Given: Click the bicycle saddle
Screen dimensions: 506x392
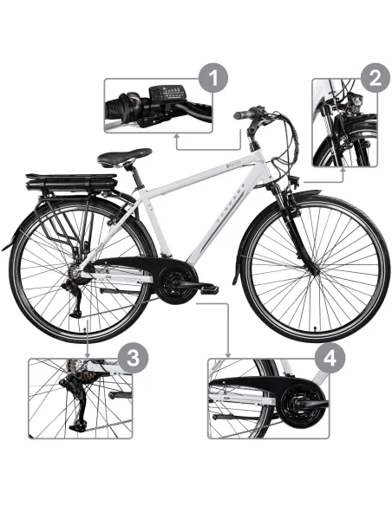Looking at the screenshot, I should (x=123, y=158).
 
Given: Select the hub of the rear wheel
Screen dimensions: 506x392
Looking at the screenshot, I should (x=76, y=271).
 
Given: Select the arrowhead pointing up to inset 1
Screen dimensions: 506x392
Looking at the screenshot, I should (x=177, y=135).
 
